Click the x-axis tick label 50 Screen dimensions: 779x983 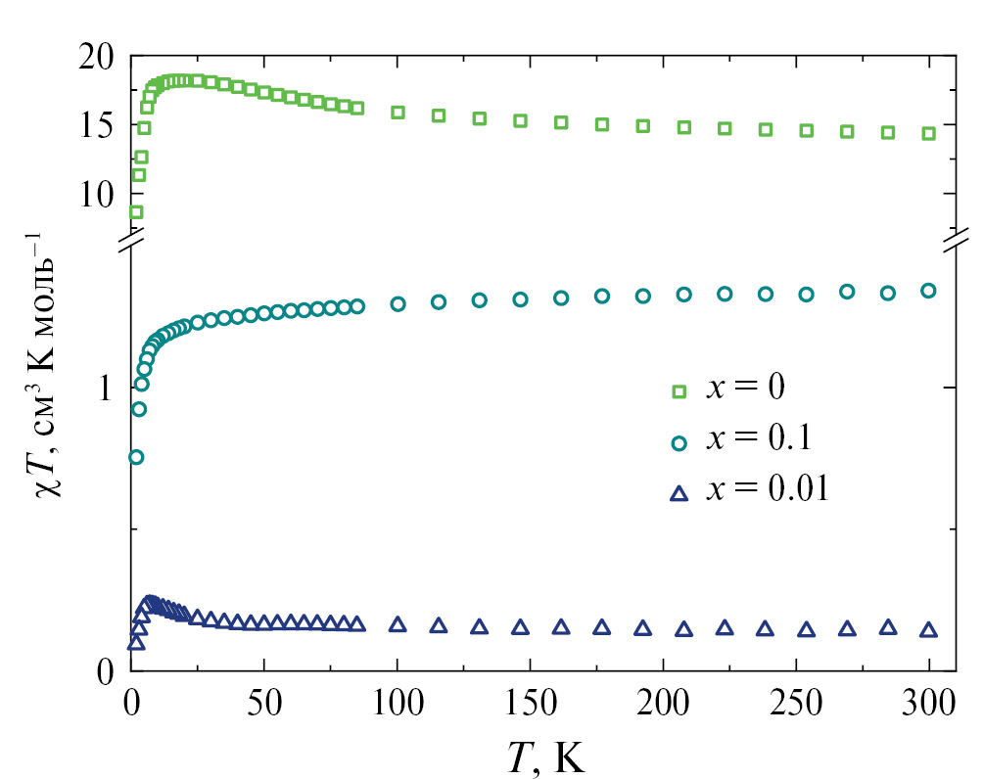click(263, 703)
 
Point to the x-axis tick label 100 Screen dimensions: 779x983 click(397, 703)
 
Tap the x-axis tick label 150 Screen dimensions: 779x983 click(530, 703)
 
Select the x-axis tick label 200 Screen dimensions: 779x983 click(663, 703)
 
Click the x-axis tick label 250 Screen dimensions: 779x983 click(796, 703)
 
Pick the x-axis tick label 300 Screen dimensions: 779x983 click(928, 703)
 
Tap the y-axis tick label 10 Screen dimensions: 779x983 click(101, 194)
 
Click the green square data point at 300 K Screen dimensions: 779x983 click(928, 133)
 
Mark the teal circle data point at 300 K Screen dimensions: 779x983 click(928, 290)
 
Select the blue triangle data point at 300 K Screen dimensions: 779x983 click(928, 630)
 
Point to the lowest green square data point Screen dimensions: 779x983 click(136, 211)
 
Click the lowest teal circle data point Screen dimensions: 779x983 click(136, 457)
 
